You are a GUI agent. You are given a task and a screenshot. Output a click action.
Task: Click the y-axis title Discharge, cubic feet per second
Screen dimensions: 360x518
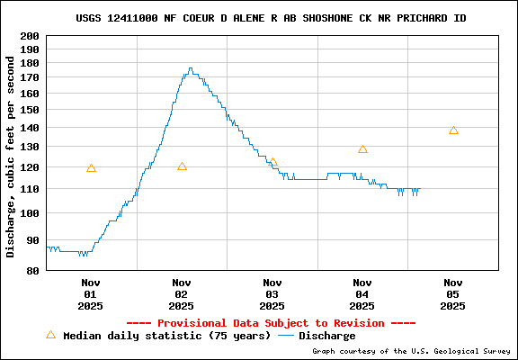(11, 157)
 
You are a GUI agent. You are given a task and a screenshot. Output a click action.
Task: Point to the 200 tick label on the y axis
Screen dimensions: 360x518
(30, 36)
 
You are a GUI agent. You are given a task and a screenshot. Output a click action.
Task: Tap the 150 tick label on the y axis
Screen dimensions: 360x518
(30, 110)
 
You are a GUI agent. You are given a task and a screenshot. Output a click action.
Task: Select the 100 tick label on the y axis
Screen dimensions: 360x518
(30, 213)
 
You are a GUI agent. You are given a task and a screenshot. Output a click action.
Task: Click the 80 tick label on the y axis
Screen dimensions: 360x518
(32, 270)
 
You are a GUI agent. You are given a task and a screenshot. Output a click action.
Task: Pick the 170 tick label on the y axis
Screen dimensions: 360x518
(30, 78)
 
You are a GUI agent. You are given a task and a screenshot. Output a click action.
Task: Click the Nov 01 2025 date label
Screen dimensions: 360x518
(90, 293)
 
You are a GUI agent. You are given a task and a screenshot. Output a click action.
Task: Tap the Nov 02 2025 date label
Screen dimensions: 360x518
(182, 293)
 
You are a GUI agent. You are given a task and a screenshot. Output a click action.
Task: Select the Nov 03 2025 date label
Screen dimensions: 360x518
(272, 293)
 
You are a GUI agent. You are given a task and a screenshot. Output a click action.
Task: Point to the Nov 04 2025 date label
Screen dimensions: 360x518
(362, 293)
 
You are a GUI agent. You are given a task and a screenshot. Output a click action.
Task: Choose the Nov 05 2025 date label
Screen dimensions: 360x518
(453, 293)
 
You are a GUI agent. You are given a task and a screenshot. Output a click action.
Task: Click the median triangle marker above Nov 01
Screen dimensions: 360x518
(91, 168)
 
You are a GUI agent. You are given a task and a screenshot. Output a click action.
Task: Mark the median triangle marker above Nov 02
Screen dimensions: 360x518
(182, 166)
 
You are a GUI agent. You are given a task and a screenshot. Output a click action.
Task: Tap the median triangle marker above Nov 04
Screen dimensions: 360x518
(362, 149)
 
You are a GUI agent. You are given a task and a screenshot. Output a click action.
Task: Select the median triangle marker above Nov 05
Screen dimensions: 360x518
(453, 130)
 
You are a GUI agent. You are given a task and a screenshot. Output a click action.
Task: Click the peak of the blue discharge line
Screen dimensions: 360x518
(190, 67)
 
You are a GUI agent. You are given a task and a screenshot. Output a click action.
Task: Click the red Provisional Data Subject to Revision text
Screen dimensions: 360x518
(271, 322)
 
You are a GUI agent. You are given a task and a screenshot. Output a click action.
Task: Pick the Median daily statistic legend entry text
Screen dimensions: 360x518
(165, 336)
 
